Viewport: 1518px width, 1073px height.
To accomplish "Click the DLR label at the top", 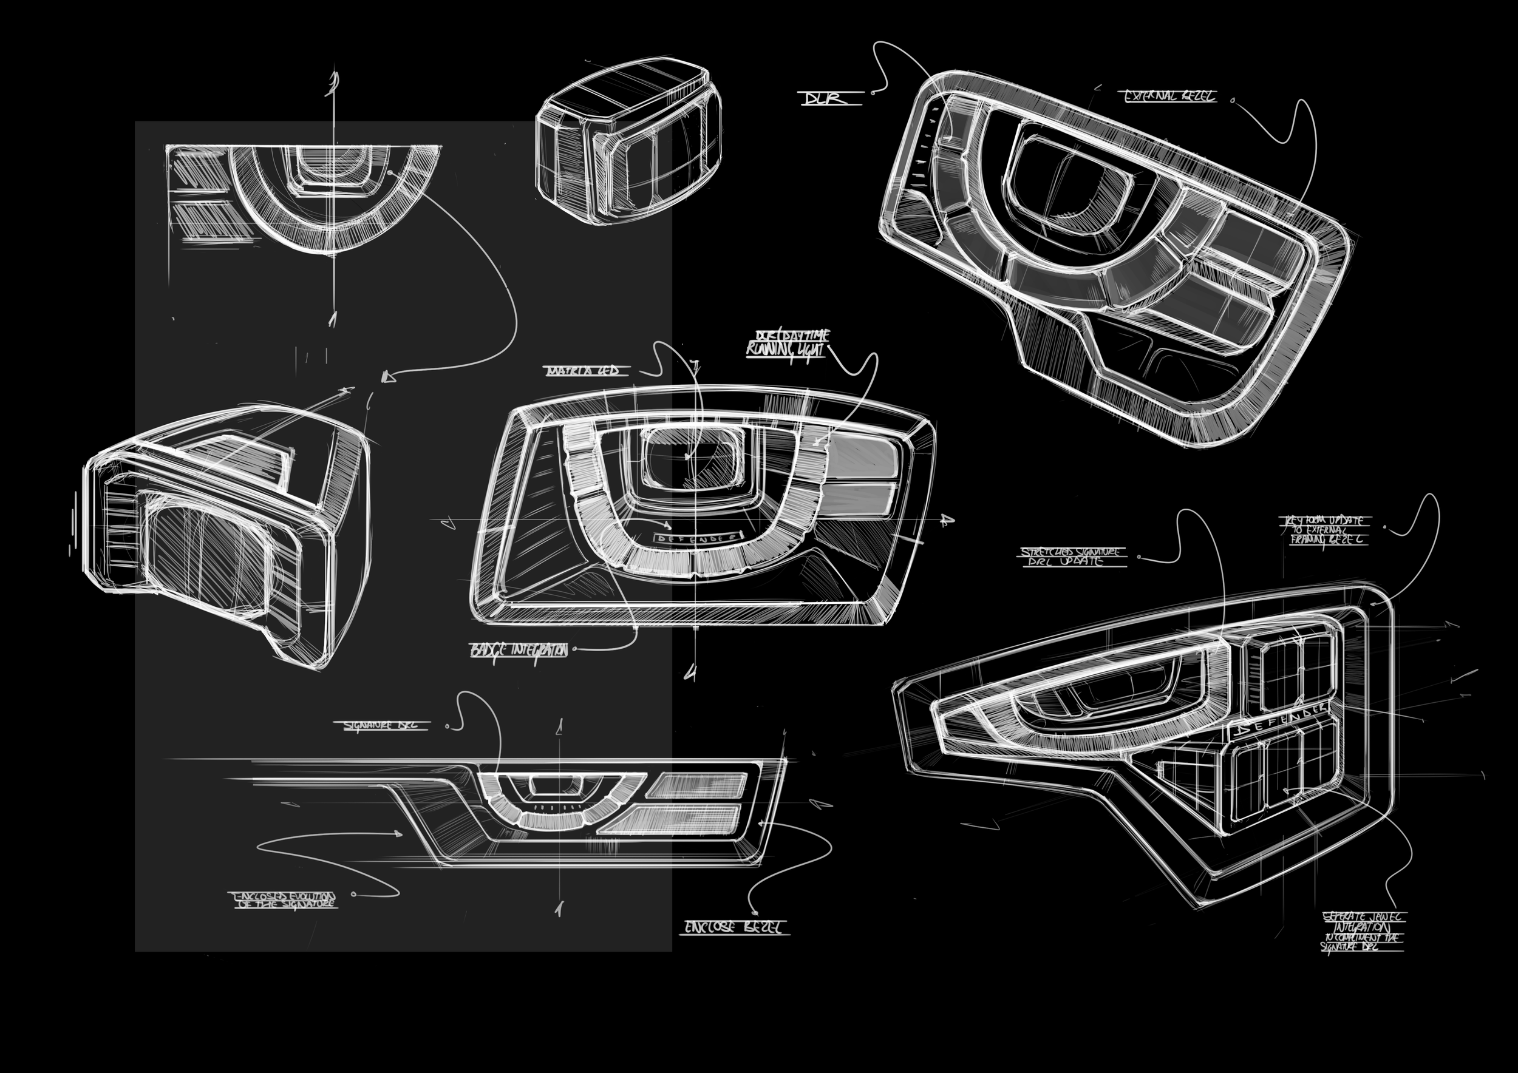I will [x=826, y=98].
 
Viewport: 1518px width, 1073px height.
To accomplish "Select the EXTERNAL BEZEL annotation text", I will [x=1169, y=96].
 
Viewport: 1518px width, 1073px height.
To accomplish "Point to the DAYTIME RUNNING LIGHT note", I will [x=787, y=344].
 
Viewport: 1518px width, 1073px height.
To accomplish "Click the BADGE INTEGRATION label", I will [x=519, y=650].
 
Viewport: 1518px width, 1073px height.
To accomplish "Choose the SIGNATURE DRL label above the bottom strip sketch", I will [x=386, y=725].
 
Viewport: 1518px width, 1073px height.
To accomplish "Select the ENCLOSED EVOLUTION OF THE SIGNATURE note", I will [x=285, y=900].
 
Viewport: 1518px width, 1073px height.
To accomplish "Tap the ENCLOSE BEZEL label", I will [x=735, y=927].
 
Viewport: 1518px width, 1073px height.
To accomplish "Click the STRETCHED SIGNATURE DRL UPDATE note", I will [x=1072, y=556].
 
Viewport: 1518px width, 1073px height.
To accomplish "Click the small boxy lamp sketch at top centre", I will [x=628, y=142].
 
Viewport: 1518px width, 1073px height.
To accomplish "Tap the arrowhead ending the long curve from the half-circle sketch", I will [x=388, y=377].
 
